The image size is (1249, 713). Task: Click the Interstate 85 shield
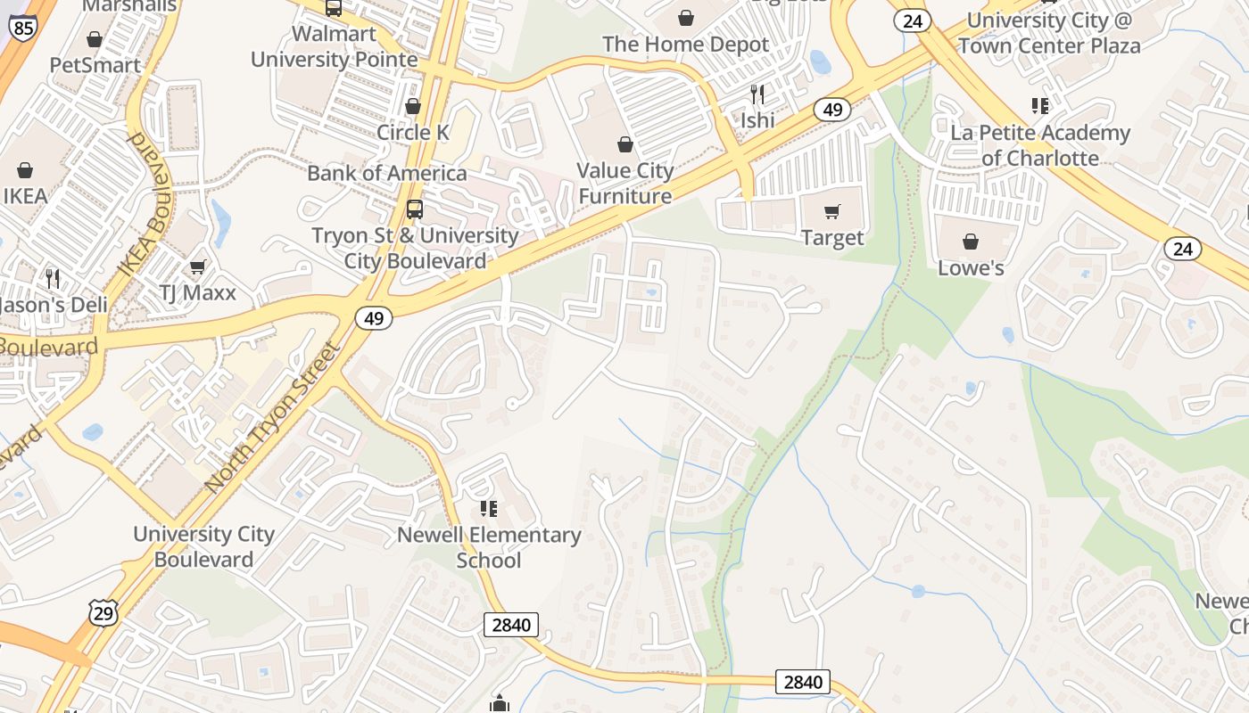23,28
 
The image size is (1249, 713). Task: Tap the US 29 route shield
103,612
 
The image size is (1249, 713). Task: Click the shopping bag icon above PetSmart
95,39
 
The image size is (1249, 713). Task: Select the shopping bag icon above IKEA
25,170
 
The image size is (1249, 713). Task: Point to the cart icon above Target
832,211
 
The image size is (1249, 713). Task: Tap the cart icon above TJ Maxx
198,266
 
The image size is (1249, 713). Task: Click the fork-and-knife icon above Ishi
757,94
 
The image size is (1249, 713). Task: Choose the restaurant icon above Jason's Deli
53,279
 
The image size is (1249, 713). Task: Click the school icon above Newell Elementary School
488,509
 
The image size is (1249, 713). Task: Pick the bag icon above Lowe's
971,242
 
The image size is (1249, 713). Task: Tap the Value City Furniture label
624,183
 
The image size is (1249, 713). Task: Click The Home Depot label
685,45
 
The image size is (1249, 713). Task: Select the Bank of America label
386,173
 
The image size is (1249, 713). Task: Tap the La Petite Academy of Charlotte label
1040,145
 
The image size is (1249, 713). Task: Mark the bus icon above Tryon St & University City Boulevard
415,209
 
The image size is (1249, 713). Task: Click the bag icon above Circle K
413,106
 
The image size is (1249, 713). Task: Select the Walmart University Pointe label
334,46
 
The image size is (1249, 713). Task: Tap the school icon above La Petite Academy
1039,106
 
